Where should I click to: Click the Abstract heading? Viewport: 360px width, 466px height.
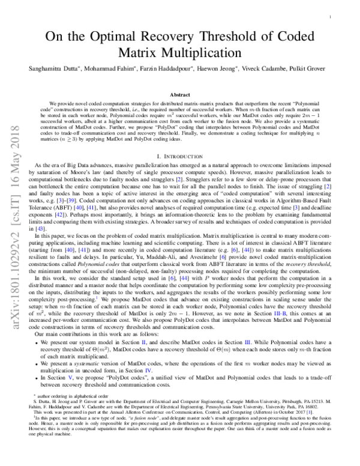point(181,95)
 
